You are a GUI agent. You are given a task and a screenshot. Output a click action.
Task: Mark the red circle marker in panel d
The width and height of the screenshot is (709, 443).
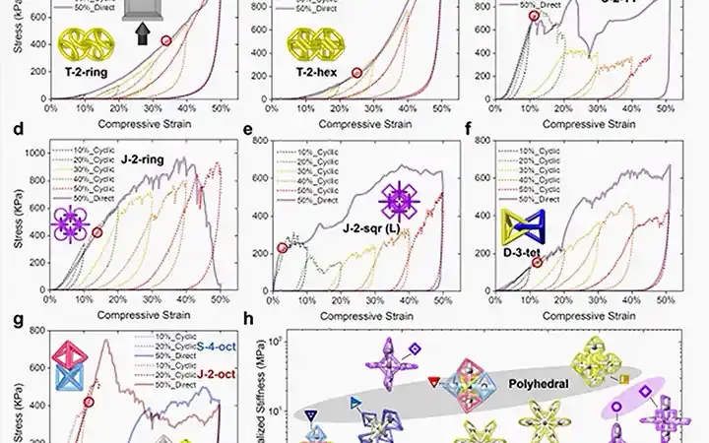point(97,232)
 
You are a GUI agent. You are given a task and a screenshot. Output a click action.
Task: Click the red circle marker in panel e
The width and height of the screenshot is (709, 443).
point(283,248)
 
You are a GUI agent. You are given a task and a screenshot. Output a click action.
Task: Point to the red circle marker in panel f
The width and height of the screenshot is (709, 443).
point(537,263)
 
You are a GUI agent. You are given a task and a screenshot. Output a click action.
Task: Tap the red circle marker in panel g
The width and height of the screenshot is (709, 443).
point(89,402)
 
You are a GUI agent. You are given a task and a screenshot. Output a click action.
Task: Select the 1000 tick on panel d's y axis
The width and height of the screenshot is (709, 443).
point(32,153)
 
